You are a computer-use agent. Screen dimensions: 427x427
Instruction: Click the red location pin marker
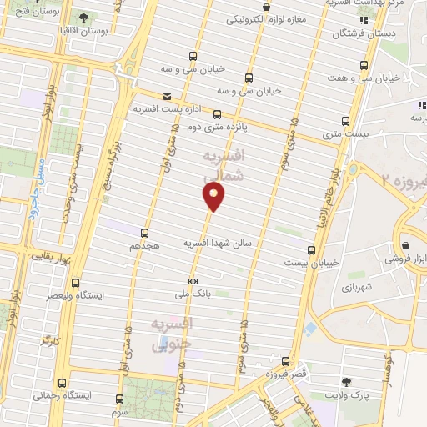pyautogui.click(x=214, y=197)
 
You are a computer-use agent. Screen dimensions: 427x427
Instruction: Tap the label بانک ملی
pyautogui.click(x=188, y=294)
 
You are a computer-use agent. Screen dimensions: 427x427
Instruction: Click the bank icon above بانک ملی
pyautogui.click(x=193, y=281)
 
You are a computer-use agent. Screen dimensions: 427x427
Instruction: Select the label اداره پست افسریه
pyautogui.click(x=163, y=109)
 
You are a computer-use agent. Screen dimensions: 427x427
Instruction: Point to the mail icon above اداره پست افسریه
pyautogui.click(x=168, y=97)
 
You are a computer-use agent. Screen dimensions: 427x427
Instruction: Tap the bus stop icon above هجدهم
pyautogui.click(x=145, y=234)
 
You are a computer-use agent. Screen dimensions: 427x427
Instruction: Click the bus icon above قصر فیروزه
pyautogui.click(x=286, y=361)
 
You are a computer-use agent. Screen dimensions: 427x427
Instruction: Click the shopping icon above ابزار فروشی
pyautogui.click(x=405, y=246)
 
